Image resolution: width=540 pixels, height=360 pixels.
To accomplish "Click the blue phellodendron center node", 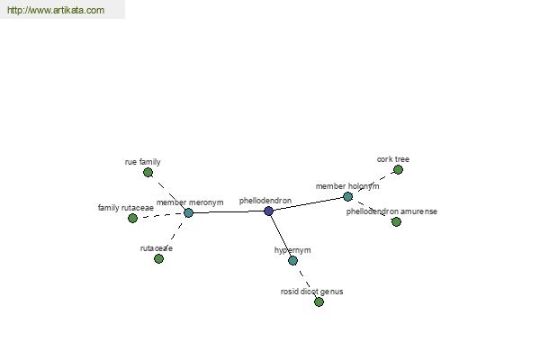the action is [x=268, y=211].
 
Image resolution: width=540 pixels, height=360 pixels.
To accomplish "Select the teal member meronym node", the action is [x=188, y=213].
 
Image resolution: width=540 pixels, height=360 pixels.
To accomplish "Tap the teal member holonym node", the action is [x=347, y=197].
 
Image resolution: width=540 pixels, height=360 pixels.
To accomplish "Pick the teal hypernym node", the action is [x=292, y=260].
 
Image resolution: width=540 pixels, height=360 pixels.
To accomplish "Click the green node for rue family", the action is [x=148, y=172].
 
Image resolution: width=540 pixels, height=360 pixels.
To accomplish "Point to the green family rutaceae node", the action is [x=132, y=218].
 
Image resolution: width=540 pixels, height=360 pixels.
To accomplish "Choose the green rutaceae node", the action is [x=158, y=258].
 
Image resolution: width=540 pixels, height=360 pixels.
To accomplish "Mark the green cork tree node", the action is [x=398, y=169].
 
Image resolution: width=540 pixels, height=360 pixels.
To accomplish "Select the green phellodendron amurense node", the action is [x=396, y=222].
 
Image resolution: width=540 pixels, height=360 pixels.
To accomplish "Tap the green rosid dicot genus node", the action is [x=319, y=302].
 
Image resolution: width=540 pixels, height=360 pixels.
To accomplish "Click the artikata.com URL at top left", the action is [x=56, y=10].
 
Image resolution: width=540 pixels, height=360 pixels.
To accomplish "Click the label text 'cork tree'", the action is [x=393, y=159].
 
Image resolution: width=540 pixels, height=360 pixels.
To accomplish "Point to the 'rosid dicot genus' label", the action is [x=311, y=292].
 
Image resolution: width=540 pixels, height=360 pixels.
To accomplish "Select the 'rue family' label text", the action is [x=142, y=162].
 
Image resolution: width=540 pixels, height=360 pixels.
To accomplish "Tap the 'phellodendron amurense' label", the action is [x=391, y=211].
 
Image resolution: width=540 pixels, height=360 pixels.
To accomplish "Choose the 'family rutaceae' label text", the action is [x=126, y=208].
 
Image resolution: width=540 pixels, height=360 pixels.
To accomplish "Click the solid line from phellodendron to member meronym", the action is [x=229, y=211].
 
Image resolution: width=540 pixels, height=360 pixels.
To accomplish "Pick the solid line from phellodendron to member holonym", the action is [x=308, y=203].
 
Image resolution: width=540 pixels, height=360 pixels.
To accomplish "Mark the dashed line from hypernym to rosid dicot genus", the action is [x=305, y=281].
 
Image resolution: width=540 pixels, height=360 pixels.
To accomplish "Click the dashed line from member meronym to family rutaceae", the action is [x=160, y=215].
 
